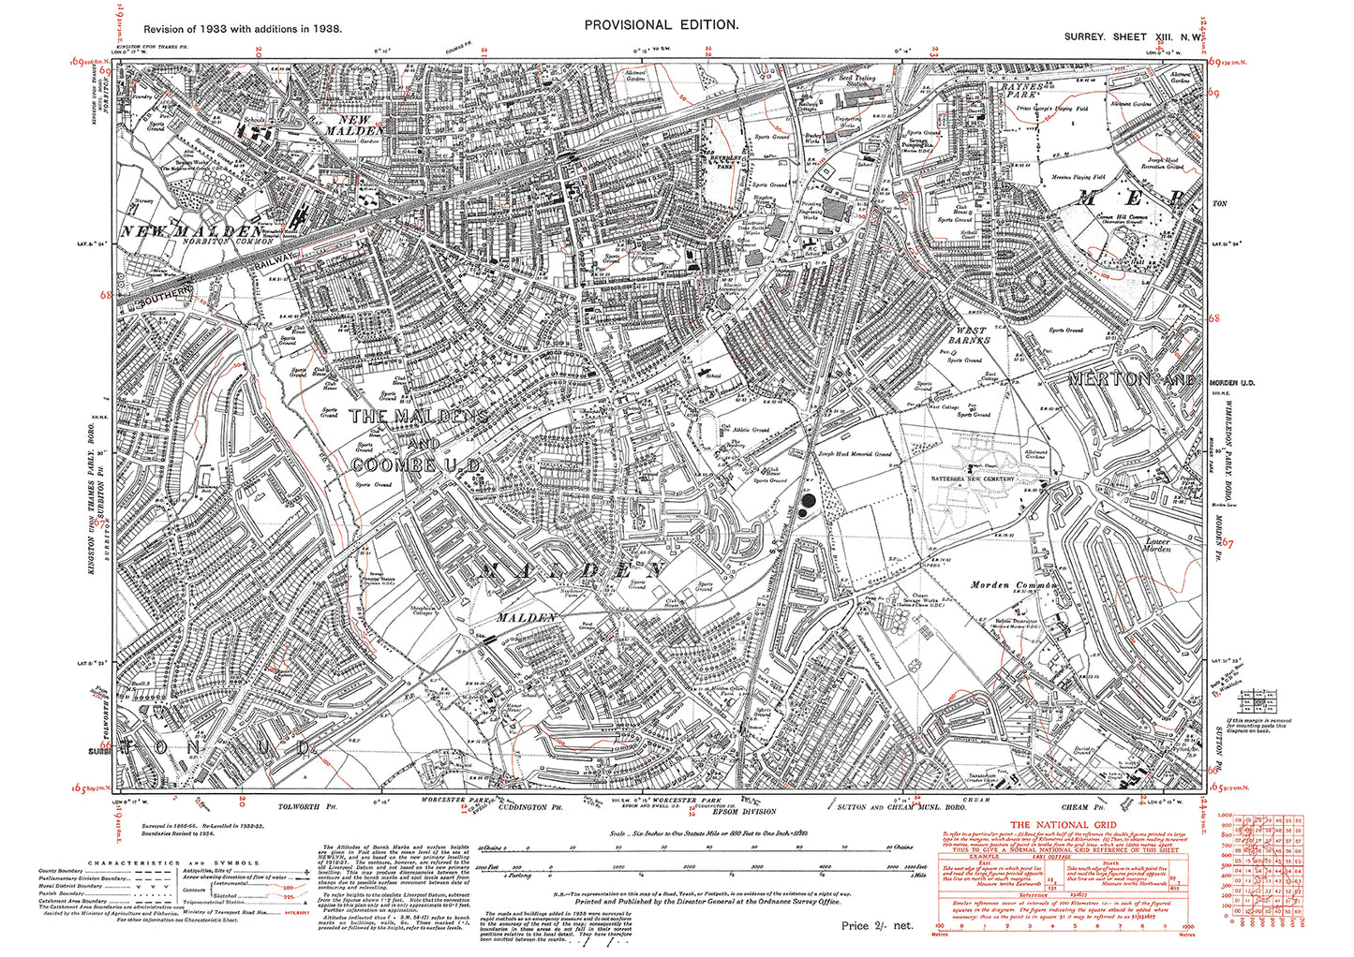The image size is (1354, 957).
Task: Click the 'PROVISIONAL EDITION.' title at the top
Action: pyautogui.click(x=661, y=25)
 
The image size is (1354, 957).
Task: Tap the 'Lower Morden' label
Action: pyautogui.click(x=1158, y=545)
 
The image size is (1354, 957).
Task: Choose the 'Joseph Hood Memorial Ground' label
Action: pyautogui.click(x=855, y=454)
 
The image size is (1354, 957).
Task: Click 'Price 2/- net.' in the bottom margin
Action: pyautogui.click(x=876, y=925)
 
